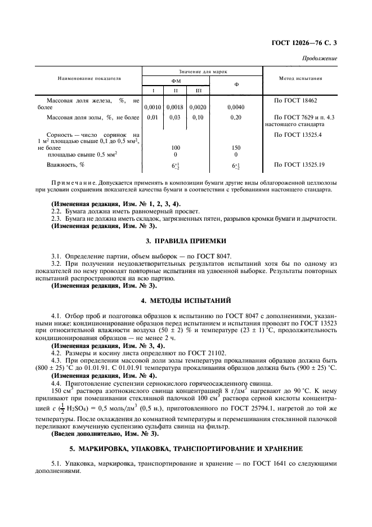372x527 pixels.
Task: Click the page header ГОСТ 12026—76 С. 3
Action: coord(307,43)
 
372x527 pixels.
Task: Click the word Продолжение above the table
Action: coord(320,58)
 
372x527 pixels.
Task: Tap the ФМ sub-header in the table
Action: coord(175,81)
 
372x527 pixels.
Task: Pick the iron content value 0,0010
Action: coord(153,106)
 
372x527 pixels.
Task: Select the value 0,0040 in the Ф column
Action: coord(236,106)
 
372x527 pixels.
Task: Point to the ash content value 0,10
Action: coord(198,117)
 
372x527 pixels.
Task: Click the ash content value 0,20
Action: coord(236,117)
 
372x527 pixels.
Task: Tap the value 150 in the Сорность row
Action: coord(236,147)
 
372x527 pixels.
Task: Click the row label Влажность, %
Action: coord(65,164)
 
